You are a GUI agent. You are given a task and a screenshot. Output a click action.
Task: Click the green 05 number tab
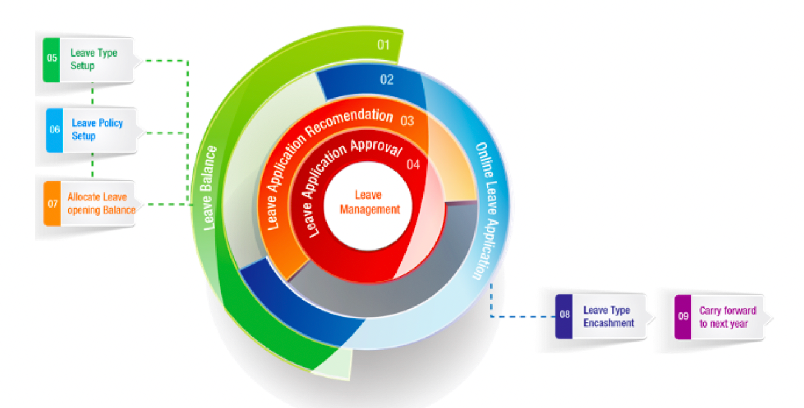51,58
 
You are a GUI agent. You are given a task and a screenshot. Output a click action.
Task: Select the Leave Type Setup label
94,59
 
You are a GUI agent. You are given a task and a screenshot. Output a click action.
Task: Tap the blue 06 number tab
54,130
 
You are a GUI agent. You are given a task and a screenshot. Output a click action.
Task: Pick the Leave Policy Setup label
97,129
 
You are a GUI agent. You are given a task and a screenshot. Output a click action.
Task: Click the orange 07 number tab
52,203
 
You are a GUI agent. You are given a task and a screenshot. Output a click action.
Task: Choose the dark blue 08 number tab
564,316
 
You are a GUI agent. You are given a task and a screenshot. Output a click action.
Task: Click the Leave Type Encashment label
609,317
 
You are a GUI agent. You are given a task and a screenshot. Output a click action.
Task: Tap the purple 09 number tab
683,317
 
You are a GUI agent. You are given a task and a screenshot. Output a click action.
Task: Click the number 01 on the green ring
383,44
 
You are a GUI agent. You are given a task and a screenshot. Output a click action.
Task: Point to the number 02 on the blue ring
387,80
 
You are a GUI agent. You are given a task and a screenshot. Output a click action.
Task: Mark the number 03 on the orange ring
407,121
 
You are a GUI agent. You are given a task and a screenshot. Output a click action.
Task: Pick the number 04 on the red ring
413,164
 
